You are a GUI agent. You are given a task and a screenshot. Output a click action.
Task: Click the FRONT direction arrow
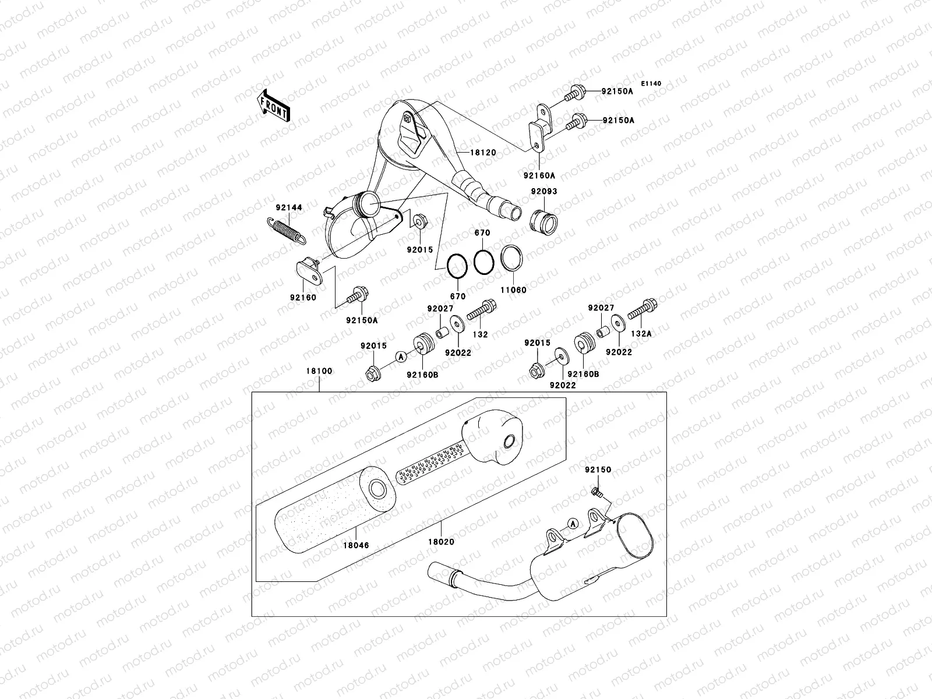(274, 105)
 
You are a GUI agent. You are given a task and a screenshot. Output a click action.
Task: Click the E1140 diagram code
(651, 84)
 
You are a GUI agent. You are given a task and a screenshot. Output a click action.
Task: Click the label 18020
(441, 542)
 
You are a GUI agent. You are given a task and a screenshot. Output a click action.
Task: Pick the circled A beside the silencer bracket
(573, 524)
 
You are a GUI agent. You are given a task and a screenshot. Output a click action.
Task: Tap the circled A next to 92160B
(400, 356)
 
